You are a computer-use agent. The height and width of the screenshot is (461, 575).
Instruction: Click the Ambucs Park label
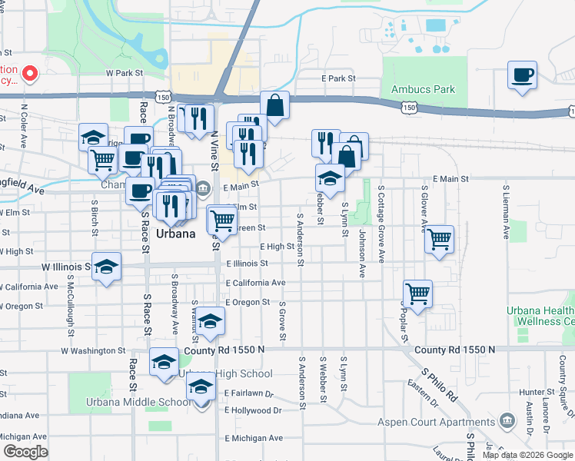[423, 89]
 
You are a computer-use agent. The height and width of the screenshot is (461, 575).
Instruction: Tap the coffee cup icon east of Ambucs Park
[522, 75]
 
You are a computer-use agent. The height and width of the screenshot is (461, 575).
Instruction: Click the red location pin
[30, 74]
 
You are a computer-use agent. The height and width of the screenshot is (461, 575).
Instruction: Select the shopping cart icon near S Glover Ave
[439, 239]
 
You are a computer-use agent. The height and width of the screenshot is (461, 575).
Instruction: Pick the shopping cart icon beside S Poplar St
[417, 293]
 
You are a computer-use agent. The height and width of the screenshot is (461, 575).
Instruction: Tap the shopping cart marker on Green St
[222, 220]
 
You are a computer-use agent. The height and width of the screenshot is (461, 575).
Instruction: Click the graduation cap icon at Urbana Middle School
[201, 388]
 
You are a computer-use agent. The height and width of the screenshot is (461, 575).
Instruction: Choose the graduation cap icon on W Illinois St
[107, 267]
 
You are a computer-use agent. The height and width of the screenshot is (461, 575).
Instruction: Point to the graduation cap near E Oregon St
[210, 322]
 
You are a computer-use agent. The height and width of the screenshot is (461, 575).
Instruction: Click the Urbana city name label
[175, 233]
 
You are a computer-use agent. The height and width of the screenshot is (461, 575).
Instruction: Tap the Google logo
[25, 451]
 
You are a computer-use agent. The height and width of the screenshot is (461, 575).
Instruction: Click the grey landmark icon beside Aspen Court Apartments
[507, 420]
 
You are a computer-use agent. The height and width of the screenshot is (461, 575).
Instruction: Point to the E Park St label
[338, 78]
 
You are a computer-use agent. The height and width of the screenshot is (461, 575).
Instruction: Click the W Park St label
[125, 73]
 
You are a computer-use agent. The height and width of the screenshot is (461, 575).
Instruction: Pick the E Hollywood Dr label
[253, 410]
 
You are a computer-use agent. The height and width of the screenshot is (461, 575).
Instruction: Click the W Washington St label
[93, 350]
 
